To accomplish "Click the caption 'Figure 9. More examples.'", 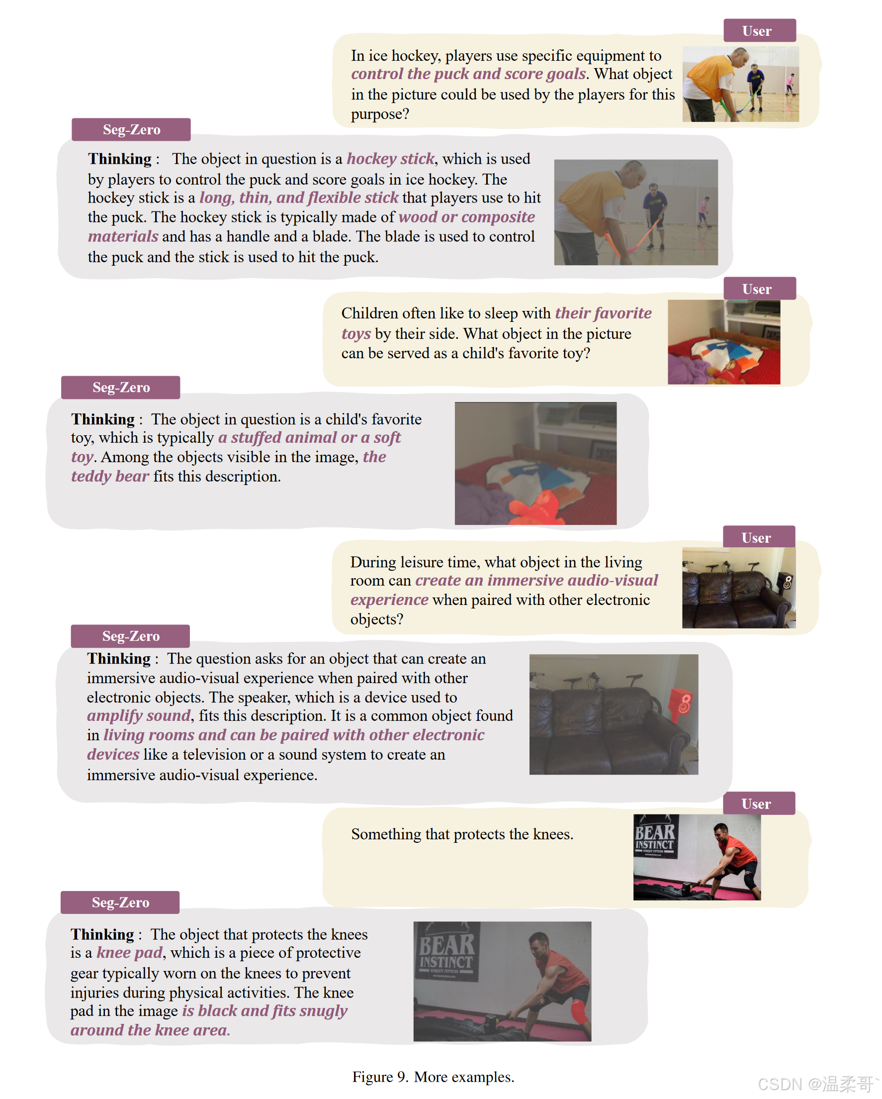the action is pos(433,1077).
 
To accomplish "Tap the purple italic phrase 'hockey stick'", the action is pos(390,159).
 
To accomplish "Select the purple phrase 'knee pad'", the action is pos(129,952).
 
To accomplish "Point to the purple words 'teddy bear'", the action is pos(110,476).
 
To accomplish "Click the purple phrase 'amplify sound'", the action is pos(139,716).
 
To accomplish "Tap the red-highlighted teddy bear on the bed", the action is pos(536,507).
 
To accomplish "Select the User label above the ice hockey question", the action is pos(759,30).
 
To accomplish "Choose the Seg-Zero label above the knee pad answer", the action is pos(120,902).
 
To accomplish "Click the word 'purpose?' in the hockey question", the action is pos(380,113).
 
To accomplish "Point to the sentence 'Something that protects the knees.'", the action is pos(462,834).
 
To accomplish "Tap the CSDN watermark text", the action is pos(818,1084).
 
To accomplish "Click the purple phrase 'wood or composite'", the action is pos(467,216).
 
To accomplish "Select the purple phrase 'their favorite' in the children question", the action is pos(603,313).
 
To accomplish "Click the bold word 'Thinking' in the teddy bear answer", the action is pos(103,419).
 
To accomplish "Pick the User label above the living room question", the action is pos(759,537).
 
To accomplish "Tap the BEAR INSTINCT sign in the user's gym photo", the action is pos(655,838).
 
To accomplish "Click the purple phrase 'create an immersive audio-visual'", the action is pos(536,580).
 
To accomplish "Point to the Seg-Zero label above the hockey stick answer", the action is pos(131,129).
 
